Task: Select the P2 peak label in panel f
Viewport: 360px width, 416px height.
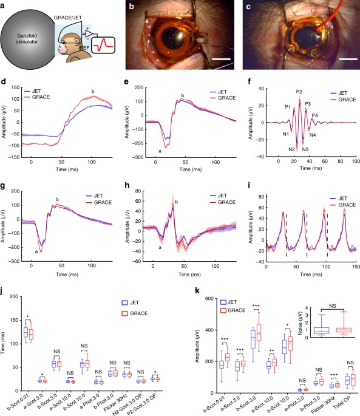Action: click(x=299, y=92)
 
